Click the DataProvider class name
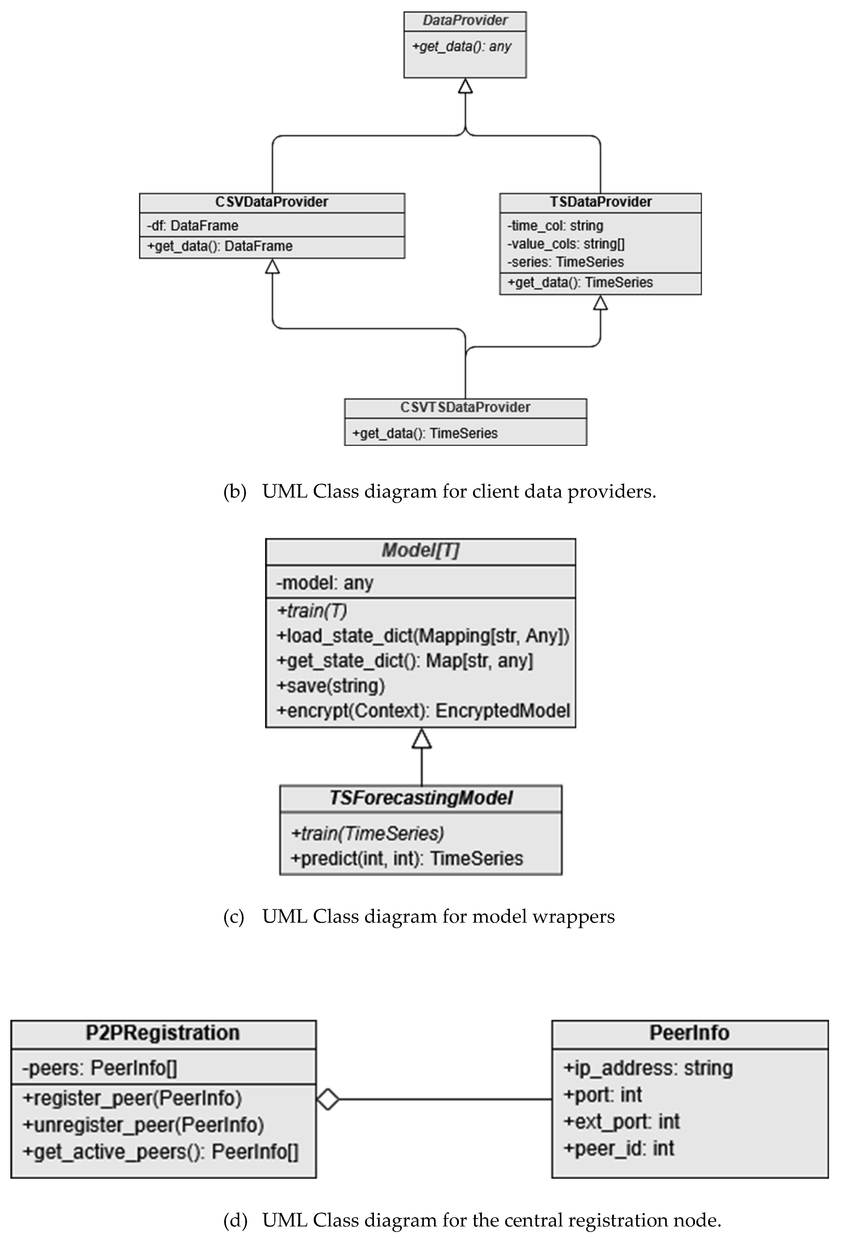(465, 21)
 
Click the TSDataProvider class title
(600, 202)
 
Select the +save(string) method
(331, 686)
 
